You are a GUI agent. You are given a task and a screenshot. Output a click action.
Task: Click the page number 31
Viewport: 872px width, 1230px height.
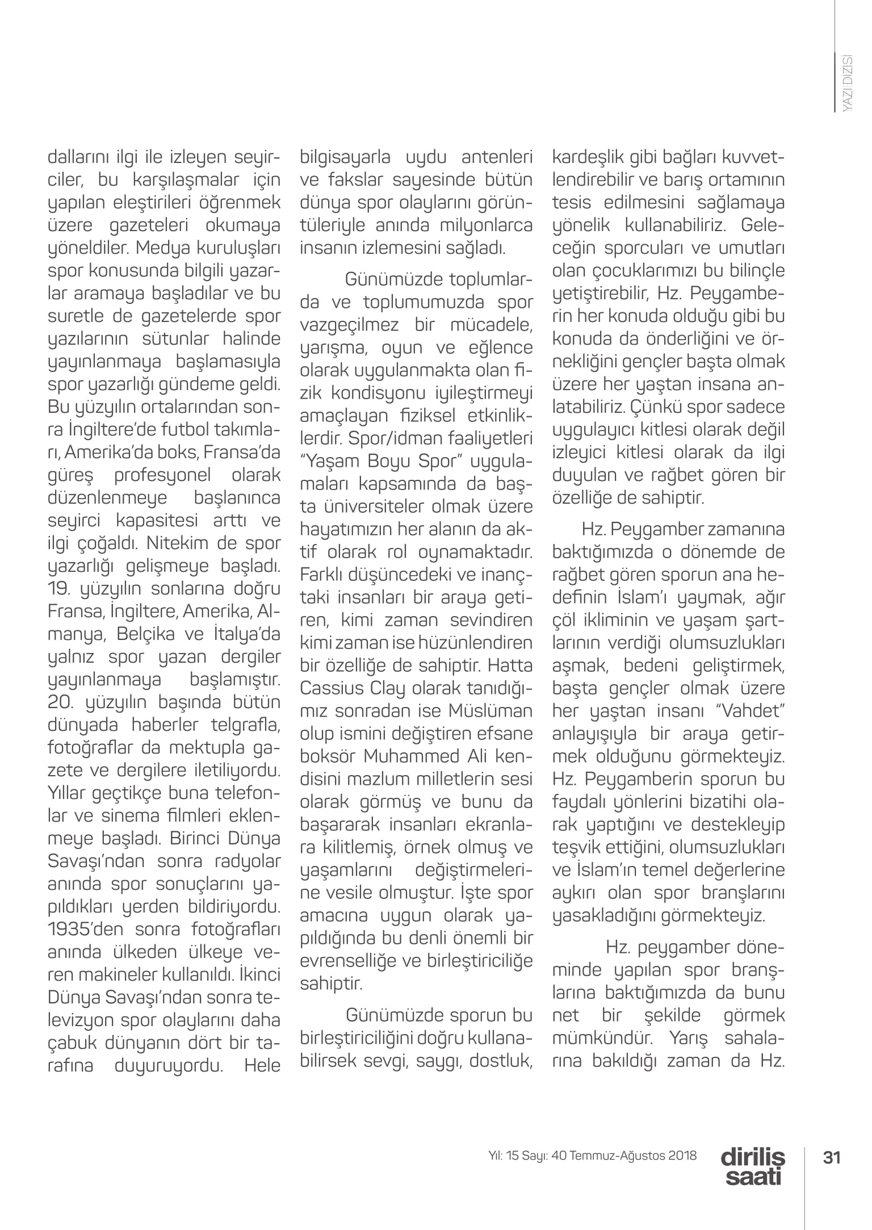tap(831, 1157)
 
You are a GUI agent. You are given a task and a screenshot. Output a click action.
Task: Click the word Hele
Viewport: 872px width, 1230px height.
tap(262, 1066)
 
